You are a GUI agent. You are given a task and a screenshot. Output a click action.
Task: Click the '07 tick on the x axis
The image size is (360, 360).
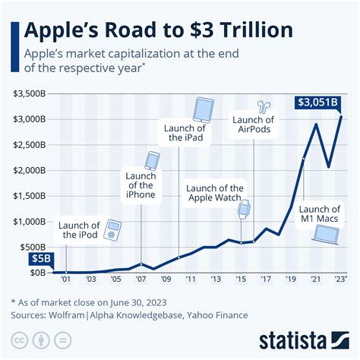[x=141, y=279]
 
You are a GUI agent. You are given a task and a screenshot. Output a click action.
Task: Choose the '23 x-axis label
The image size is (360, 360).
[x=341, y=279]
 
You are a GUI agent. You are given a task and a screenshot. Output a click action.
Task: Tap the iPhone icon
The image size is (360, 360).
[x=153, y=161]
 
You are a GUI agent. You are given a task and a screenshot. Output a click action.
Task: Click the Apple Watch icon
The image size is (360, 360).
[x=245, y=210]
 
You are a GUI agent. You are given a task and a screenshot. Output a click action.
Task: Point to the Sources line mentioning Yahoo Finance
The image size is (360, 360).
[x=129, y=313]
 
